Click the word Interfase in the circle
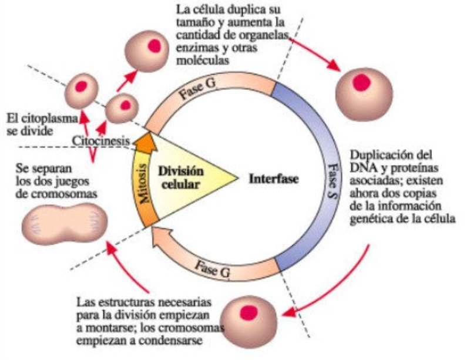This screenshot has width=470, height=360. tap(273, 178)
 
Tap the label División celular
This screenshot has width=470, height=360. tap(187, 177)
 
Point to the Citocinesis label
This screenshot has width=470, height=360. tap(102, 141)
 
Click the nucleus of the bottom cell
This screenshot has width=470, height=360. tap(250, 312)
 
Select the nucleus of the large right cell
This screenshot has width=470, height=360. tap(361, 83)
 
